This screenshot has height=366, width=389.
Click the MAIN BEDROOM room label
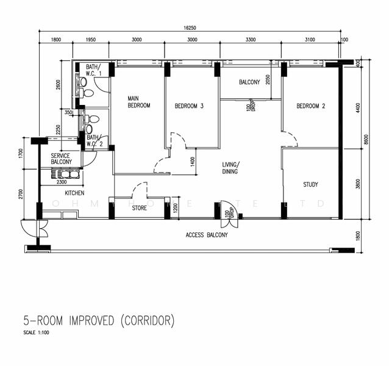coord(138,102)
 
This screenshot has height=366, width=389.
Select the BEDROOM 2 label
coord(310,106)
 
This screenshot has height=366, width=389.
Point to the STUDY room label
coord(310,184)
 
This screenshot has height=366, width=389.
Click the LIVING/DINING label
coord(230,168)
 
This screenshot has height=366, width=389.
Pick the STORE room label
coord(139,208)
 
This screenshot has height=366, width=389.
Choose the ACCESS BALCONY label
coord(207,235)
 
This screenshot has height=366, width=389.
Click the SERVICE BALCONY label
coord(60,159)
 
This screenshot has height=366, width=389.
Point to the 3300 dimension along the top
coord(250,40)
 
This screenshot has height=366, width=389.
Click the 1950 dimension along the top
coord(90,40)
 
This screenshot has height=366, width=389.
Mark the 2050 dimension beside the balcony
coord(268,79)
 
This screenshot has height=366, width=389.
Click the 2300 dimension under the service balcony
coord(62,181)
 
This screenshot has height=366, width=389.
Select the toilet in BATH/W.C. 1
coord(88,93)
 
